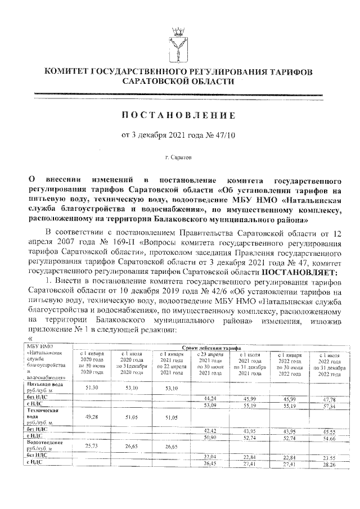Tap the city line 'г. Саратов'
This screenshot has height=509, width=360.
tap(179, 153)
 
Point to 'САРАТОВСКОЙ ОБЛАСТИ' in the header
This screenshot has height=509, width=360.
tap(179, 82)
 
